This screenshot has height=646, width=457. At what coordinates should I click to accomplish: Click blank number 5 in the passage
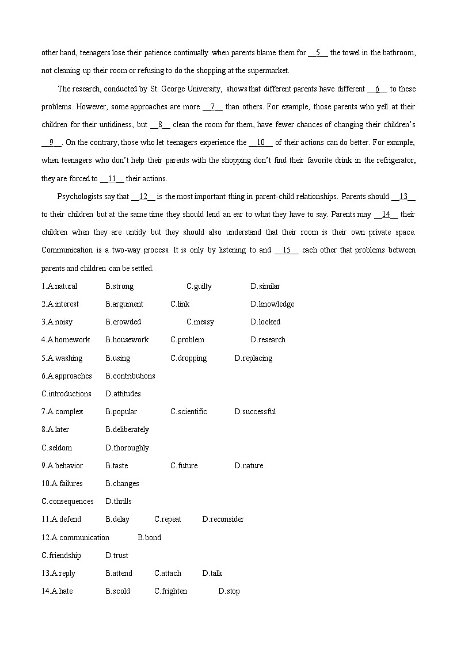(318, 53)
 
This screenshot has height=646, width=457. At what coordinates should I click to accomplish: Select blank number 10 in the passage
(260, 143)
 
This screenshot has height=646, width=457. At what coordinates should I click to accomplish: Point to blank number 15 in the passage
(287, 250)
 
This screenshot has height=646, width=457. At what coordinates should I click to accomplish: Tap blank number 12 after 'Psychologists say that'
(143, 197)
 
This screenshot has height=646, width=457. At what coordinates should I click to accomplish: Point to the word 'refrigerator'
(394, 160)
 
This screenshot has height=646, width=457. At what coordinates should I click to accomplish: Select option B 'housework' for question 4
(127, 340)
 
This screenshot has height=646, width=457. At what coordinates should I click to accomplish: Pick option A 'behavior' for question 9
(65, 466)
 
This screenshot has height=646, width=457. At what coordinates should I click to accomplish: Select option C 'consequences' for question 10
(67, 502)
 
